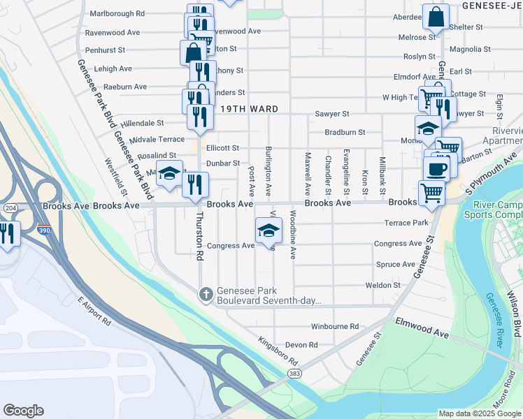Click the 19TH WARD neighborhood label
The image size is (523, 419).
tap(250, 110)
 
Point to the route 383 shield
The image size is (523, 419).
tap(294, 374)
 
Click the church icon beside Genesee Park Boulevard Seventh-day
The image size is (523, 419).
tap(206, 295)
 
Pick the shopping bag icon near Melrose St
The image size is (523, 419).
tap(436, 17)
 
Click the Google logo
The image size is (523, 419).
tap(23, 411)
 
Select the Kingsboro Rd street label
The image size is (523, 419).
tap(278, 353)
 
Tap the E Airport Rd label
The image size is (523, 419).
tap(94, 311)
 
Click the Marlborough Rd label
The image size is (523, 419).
tap(117, 13)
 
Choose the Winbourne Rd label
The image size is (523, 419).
tap(334, 326)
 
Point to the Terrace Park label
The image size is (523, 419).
tap(406, 223)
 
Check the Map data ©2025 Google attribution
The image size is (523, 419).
tap(479, 413)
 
